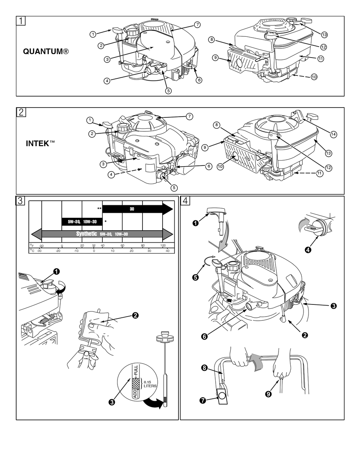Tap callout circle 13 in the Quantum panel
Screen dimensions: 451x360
pos(324,34)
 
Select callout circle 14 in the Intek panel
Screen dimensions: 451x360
pos(333,134)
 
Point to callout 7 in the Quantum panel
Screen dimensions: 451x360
pos(197,24)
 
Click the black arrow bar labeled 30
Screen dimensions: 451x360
pos(133,208)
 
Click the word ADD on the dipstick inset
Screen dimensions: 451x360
pos(134,393)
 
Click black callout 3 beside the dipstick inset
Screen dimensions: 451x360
pos(112,402)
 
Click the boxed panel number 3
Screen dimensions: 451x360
pos(20,200)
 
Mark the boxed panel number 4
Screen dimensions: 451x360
pos(185,200)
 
